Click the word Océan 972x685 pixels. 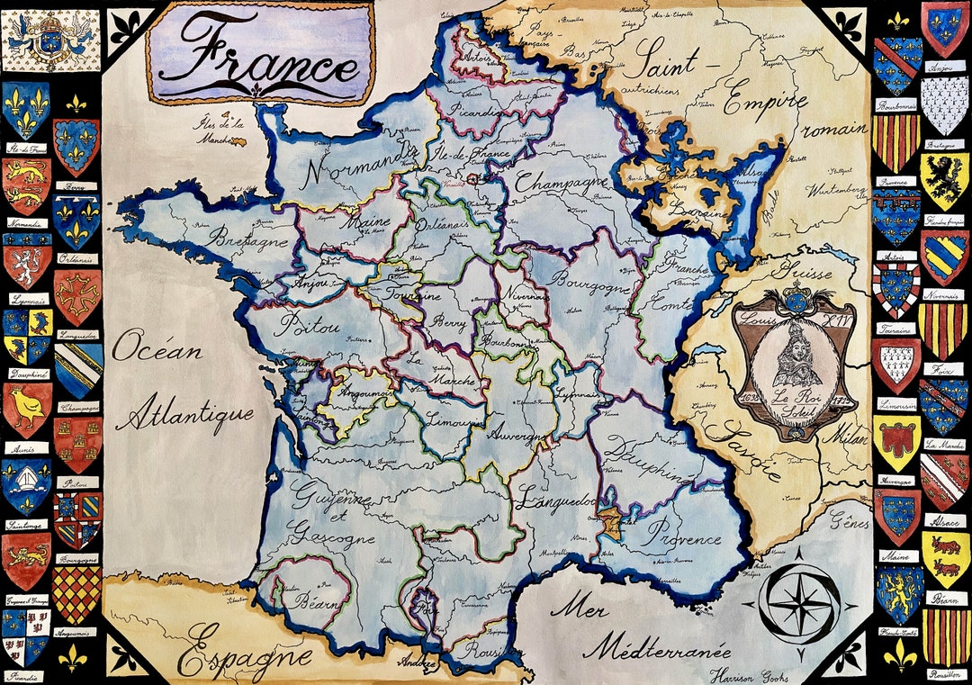point(157,347)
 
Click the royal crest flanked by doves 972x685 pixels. point(49,40)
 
